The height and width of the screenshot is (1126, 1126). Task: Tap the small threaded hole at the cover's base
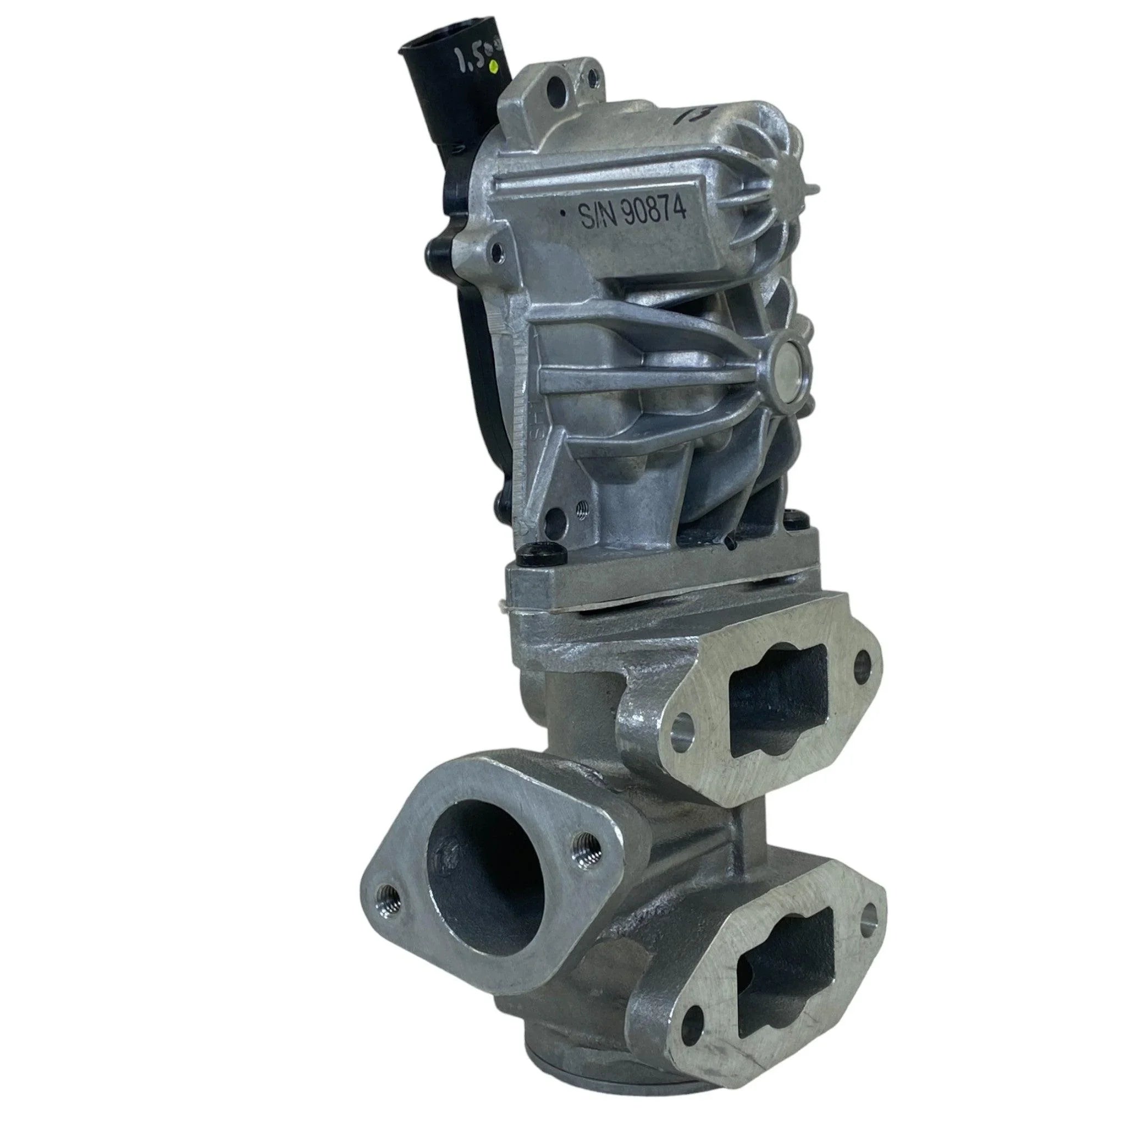(581, 509)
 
